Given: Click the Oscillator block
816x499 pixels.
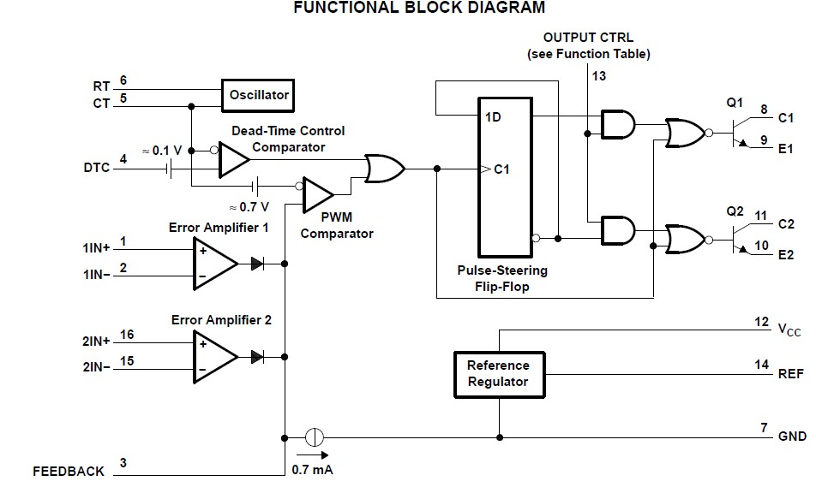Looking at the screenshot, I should pos(259,95).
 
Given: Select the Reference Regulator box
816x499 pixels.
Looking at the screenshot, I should pos(497,373).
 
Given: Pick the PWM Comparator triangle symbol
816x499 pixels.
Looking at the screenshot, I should pos(318,196).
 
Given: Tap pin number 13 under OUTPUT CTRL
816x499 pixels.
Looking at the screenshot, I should pos(598,75).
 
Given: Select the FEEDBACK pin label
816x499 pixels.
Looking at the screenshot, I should pos(69,471).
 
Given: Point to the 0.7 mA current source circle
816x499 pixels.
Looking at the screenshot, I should pos(315,437).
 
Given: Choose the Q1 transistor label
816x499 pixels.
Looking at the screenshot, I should pos(735,102).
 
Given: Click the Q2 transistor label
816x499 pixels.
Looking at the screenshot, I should pos(735,210).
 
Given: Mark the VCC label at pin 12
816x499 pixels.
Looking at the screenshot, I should pos(788,330).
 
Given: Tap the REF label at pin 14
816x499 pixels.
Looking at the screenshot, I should pos(789,373).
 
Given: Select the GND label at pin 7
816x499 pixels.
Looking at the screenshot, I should pos(791,437).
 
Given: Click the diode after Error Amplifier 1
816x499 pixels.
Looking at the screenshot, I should pos(257,264).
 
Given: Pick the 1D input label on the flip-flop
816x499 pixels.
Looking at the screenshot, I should pos(492,116).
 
